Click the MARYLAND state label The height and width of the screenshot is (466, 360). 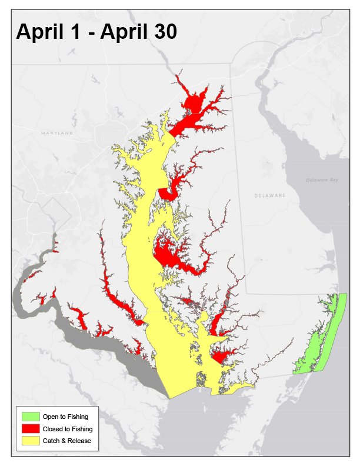pos(57,134)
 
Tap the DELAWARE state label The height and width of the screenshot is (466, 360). pos(269,195)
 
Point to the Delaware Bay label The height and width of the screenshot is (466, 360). pos(320,181)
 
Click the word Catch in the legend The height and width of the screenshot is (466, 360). pos(51,440)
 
